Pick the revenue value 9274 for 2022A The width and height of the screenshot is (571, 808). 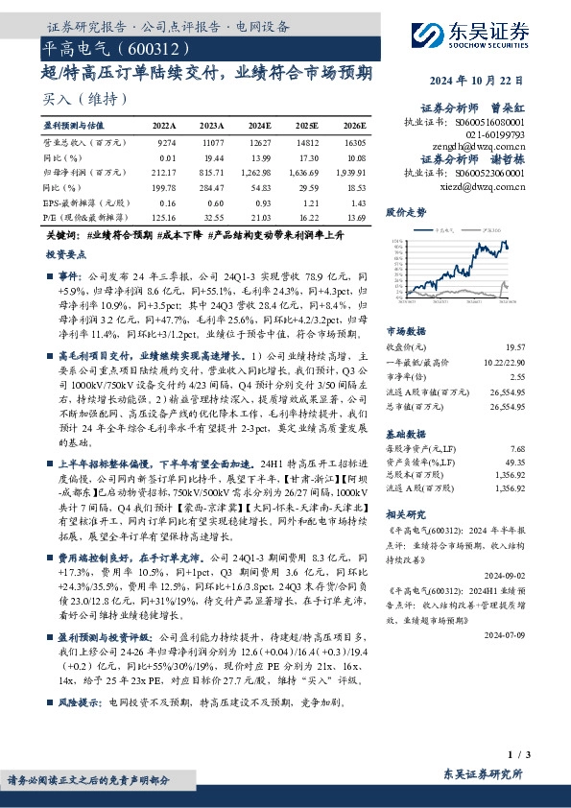click(x=166, y=141)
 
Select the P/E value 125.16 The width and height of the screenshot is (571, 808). click(x=163, y=219)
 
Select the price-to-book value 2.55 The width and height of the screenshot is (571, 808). click(x=517, y=377)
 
